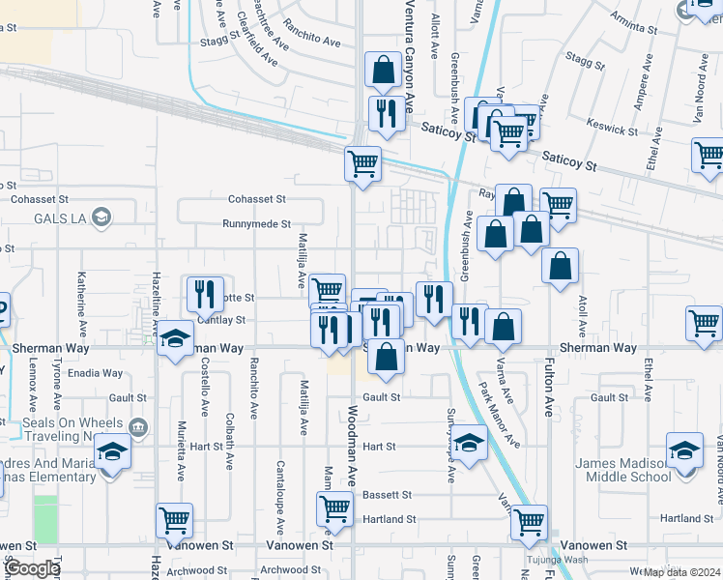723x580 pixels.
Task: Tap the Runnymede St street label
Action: click(x=256, y=224)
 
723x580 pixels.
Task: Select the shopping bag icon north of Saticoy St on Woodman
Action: click(x=384, y=70)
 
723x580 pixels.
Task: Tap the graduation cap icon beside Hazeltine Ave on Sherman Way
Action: click(x=175, y=338)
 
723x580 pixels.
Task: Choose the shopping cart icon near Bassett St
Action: click(x=334, y=506)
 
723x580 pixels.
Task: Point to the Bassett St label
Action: click(x=387, y=495)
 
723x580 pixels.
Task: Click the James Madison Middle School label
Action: click(x=623, y=470)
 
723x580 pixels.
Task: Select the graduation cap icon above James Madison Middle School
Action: click(x=684, y=450)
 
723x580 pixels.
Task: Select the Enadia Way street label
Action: click(x=95, y=373)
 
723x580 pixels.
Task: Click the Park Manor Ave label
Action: click(x=500, y=416)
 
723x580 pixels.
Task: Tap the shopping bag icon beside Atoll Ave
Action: click(x=560, y=265)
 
